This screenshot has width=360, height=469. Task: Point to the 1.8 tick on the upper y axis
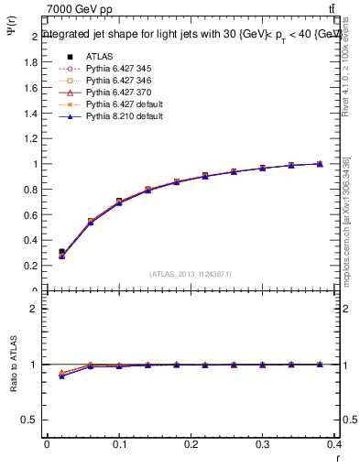33,62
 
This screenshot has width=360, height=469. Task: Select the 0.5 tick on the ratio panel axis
33,420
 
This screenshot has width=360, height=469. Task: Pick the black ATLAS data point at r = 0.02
61,251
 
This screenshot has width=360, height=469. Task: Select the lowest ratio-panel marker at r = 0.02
61,376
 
